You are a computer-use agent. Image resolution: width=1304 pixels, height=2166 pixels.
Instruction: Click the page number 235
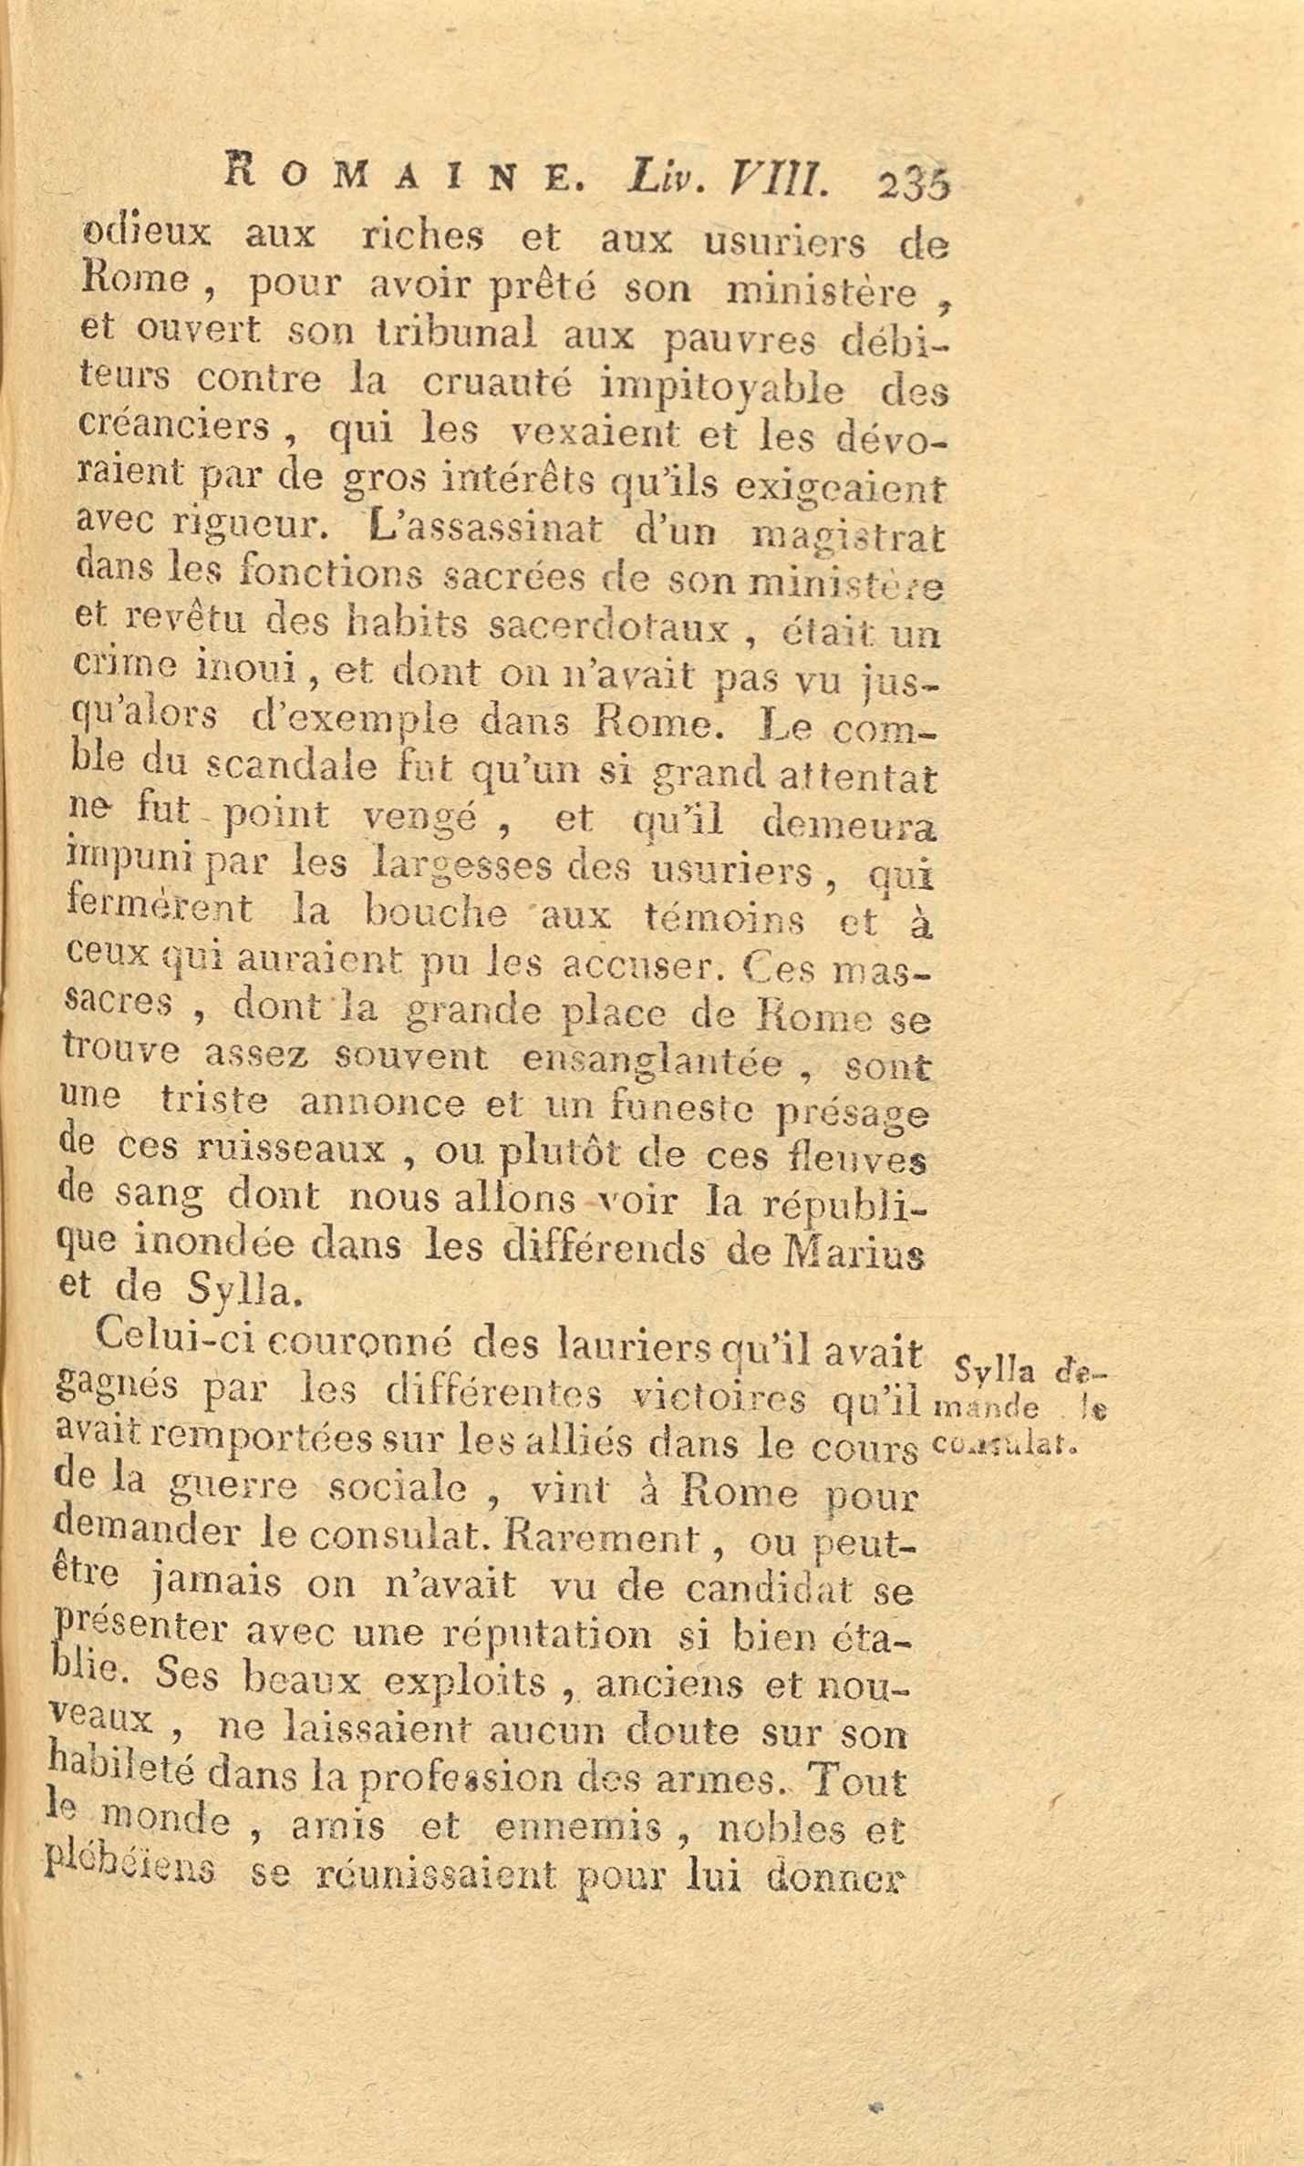click(x=913, y=185)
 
